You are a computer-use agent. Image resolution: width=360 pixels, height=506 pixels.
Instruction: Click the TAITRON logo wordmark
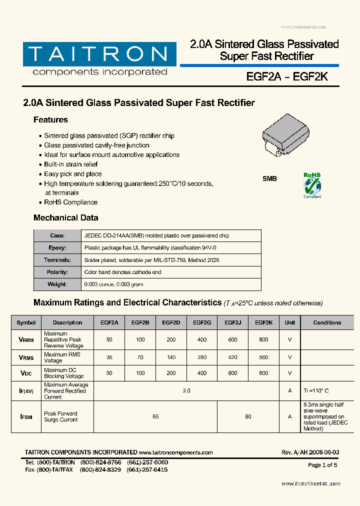(x=98, y=53)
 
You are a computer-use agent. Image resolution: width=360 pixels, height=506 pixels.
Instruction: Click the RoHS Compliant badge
(x=312, y=185)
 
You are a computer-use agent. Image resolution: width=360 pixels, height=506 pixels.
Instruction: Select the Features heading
(x=50, y=120)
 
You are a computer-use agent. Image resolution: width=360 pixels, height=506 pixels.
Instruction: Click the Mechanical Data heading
(x=65, y=218)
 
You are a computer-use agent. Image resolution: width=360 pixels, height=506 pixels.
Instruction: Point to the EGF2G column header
(x=202, y=323)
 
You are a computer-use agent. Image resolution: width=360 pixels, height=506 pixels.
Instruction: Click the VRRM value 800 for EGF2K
(x=263, y=340)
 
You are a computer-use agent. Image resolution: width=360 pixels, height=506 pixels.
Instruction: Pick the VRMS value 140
(x=171, y=357)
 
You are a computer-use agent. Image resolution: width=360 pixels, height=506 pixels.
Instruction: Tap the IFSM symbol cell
(x=26, y=416)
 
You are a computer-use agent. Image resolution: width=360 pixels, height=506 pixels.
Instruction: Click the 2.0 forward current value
(x=186, y=391)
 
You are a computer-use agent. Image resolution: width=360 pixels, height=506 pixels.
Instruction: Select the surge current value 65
(x=155, y=416)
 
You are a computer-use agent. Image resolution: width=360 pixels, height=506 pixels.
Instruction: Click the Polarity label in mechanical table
(x=57, y=272)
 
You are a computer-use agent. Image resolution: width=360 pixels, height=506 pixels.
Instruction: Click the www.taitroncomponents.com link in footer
(x=176, y=452)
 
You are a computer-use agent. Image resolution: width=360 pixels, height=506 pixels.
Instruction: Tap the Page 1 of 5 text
(x=322, y=465)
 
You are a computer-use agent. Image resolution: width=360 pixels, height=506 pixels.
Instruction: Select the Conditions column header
(x=327, y=323)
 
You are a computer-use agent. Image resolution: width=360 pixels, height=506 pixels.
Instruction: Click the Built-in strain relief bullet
(x=70, y=164)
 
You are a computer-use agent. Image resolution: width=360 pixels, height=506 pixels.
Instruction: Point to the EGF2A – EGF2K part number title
(x=286, y=77)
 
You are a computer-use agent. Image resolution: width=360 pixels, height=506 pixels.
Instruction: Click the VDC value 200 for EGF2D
(x=171, y=373)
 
